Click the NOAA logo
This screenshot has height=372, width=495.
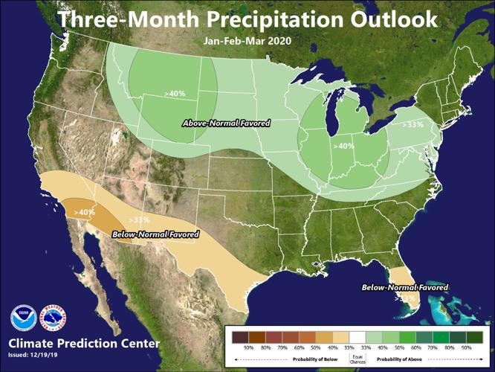coord(24,318)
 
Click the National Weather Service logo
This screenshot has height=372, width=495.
coord(53,318)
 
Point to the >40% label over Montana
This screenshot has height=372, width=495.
coord(175,94)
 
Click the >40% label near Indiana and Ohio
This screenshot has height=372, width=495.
coord(343,146)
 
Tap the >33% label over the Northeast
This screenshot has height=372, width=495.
coord(412,124)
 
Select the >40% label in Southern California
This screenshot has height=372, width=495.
coord(84,212)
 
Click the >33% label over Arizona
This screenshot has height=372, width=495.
coord(139,220)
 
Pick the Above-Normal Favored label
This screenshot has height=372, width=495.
coord(226,123)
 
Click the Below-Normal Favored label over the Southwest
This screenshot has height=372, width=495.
coord(155,235)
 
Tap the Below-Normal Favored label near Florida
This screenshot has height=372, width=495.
coord(405,287)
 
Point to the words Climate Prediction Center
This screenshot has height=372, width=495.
coord(83,344)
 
